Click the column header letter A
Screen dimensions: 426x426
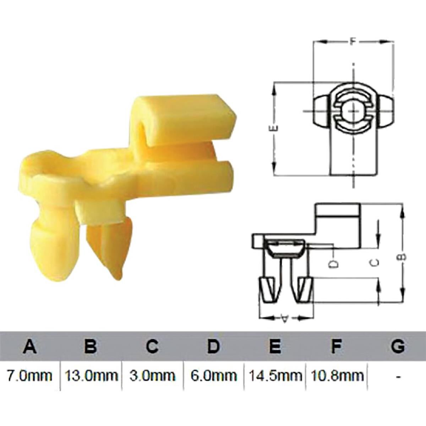(31, 346)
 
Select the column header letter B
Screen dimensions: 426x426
(91, 346)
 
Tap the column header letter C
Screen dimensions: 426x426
(152, 346)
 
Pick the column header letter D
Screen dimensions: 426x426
(213, 346)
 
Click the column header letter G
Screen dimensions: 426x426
(398, 346)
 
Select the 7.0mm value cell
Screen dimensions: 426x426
(30, 375)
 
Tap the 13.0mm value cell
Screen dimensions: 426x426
(91, 375)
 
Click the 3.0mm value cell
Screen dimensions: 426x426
(152, 375)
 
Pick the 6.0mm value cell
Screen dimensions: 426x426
(213, 375)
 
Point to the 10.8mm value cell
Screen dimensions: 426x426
(337, 375)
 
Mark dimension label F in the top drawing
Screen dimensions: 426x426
(352, 42)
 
